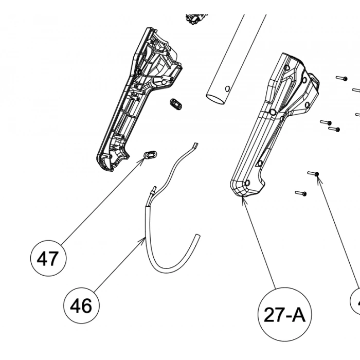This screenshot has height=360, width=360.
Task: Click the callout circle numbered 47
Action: pos(48,258)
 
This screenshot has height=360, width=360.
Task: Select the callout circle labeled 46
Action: pos(81,307)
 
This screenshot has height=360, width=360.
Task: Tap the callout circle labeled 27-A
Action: pos(284,314)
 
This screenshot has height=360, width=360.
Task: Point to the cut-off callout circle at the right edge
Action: pos(356,301)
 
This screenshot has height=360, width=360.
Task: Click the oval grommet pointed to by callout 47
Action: pos(150,154)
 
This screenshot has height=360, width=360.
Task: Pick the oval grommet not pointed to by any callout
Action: pos(177,103)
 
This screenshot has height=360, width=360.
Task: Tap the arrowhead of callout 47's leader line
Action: pos(143,161)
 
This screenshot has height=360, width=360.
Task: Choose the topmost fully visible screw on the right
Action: pos(342,78)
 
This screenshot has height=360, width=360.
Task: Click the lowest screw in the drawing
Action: pos(301,193)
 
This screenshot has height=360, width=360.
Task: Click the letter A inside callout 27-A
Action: pos(299,315)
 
